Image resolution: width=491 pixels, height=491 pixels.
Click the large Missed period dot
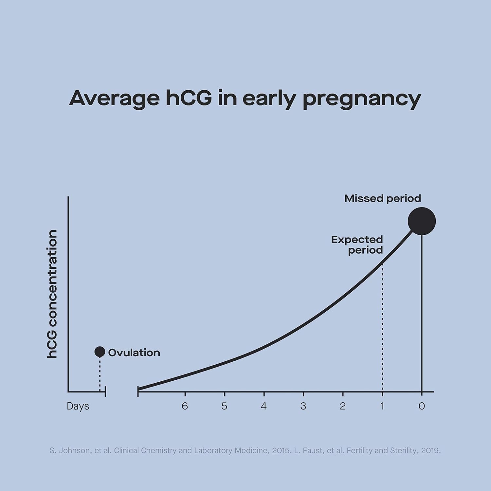pyautogui.click(x=422, y=221)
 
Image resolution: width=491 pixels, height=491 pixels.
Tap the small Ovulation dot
pyautogui.click(x=100, y=352)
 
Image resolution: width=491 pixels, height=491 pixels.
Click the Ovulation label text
pyautogui.click(x=134, y=353)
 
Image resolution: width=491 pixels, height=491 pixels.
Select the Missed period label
pyautogui.click(x=382, y=198)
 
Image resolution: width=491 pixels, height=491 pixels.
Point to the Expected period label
pyautogui.click(x=357, y=245)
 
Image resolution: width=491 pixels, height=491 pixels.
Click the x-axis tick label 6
pyautogui.click(x=185, y=406)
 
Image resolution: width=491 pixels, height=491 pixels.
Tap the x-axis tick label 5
pyautogui.click(x=224, y=406)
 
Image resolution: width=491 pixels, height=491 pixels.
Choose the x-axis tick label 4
pyautogui.click(x=264, y=406)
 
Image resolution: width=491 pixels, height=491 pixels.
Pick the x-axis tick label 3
pyautogui.click(x=303, y=406)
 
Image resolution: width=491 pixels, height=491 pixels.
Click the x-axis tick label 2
pyautogui.click(x=343, y=406)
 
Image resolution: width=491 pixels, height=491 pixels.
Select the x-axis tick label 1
pyautogui.click(x=382, y=406)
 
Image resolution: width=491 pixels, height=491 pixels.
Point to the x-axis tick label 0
pyautogui.click(x=422, y=406)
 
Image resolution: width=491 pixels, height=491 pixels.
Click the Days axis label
pyautogui.click(x=78, y=406)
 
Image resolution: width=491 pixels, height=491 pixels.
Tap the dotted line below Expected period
pyautogui.click(x=382, y=327)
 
